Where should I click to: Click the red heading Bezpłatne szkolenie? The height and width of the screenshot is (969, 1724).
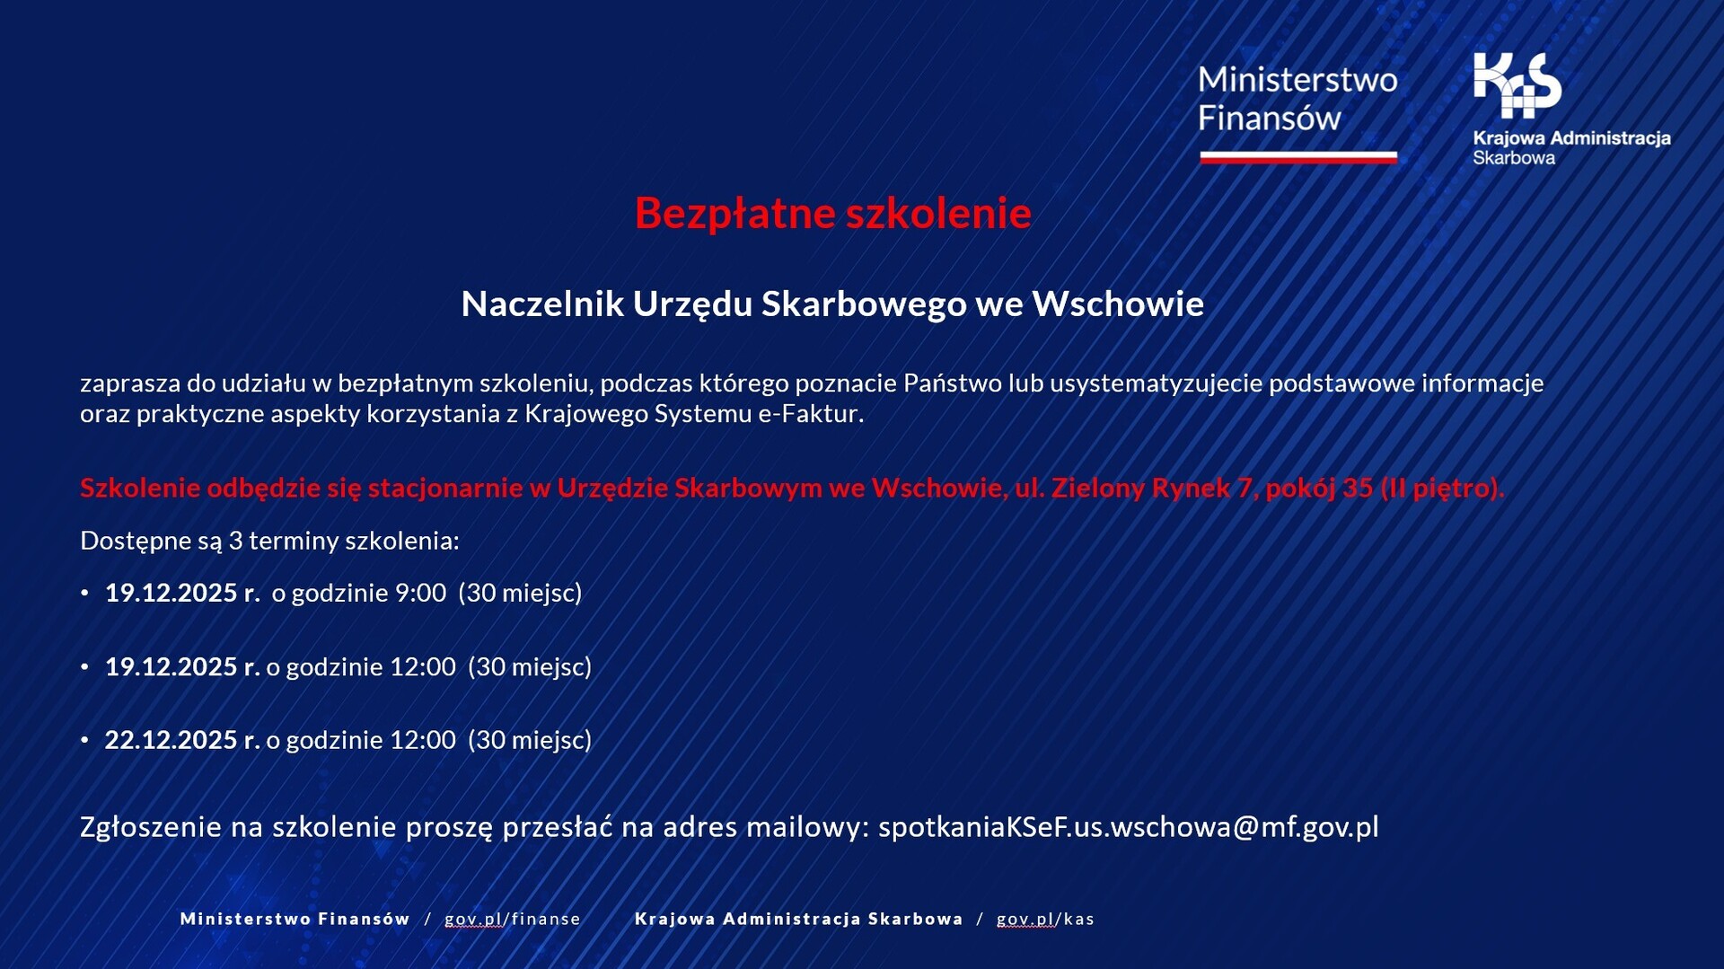[833, 214]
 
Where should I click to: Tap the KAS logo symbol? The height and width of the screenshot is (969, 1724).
[1517, 85]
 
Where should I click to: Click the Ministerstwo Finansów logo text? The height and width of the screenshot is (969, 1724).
[1297, 99]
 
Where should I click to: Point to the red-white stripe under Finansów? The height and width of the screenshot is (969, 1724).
[1298, 158]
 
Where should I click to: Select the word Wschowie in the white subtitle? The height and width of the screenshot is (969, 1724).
[1118, 304]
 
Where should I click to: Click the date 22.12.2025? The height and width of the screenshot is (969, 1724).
[171, 740]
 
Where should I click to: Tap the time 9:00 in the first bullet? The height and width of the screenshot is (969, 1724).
[421, 593]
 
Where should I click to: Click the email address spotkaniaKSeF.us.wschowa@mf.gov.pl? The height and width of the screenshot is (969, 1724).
[1128, 827]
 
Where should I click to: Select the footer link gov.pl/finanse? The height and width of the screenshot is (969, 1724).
[513, 919]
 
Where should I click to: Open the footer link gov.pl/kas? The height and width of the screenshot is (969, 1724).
[1045, 919]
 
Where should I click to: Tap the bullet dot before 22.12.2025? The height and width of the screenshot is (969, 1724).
[85, 741]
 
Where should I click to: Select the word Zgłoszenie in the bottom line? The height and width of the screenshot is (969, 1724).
[151, 827]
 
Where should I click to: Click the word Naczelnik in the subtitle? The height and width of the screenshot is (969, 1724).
[542, 304]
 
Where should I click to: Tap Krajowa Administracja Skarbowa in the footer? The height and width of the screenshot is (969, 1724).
[798, 919]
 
